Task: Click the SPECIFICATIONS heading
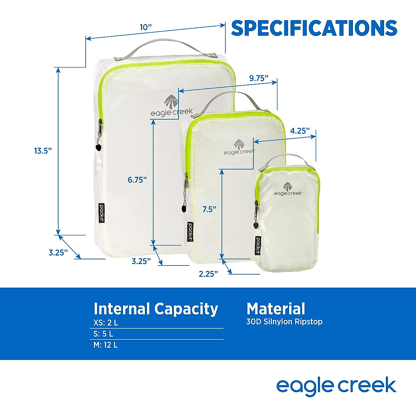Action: point(314,28)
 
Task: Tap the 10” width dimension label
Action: point(146,27)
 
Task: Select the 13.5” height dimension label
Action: point(43,151)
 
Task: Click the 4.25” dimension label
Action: point(300,131)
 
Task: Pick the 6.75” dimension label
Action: point(137,180)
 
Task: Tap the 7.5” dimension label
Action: point(209,209)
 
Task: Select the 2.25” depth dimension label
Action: point(208,274)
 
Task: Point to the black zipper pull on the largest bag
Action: point(98,147)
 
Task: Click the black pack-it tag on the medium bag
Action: point(190,232)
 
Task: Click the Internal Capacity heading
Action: point(156,309)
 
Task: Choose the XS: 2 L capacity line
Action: point(106,323)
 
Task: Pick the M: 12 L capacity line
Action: point(106,345)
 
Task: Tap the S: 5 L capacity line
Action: point(103,334)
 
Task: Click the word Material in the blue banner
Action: point(276,309)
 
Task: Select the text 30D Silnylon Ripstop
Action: point(284,322)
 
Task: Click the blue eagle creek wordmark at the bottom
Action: point(336,386)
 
